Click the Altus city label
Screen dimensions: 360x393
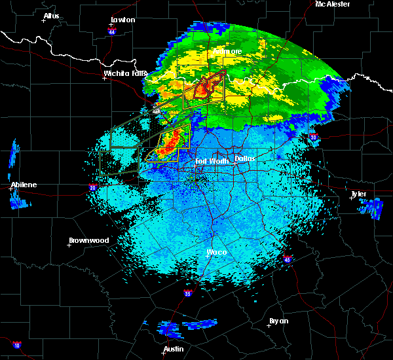click(51, 15)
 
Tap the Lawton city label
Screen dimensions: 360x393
click(122, 20)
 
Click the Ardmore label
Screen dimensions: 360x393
click(227, 51)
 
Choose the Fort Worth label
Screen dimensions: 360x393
click(211, 160)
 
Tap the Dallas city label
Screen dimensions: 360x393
click(245, 158)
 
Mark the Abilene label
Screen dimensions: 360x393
click(23, 185)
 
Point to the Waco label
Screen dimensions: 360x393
click(216, 252)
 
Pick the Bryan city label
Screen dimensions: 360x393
click(278, 321)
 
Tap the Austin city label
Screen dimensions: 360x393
click(174, 349)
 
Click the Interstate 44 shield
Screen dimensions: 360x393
click(112, 31)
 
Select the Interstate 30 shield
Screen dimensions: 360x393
click(314, 137)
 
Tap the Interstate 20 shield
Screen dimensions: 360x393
click(93, 188)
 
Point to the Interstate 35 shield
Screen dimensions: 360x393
click(188, 293)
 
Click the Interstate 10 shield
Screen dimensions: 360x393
click(16, 344)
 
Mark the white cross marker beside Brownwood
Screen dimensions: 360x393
click(69, 245)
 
